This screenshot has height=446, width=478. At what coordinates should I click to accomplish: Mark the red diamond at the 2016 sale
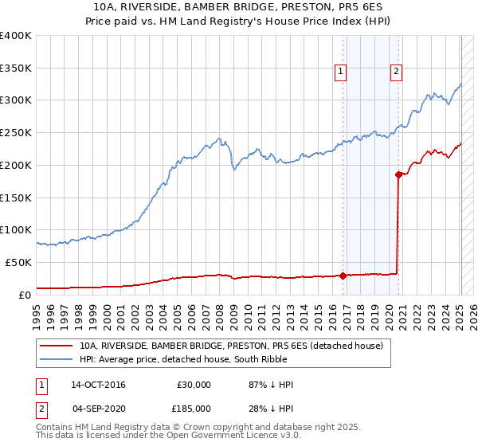343,276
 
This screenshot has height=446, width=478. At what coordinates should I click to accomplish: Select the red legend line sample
56,346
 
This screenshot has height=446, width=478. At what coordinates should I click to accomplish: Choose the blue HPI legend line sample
56,360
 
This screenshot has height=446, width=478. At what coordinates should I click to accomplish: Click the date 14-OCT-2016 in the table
98,385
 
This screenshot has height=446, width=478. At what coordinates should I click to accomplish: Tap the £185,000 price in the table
194,408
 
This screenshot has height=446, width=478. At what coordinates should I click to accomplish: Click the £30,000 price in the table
194,385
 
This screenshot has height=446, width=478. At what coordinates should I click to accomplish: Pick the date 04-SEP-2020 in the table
98,408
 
